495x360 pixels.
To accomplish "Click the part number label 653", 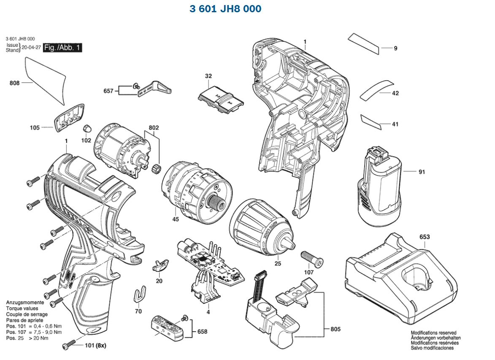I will pos(425,237).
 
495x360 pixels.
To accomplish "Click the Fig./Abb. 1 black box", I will pos(63,48).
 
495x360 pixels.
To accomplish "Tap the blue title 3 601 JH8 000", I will pos(225,9).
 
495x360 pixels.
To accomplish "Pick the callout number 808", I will pos(15,83).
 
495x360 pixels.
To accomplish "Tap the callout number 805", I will pos(336,329).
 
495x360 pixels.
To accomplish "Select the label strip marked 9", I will pos(363,43).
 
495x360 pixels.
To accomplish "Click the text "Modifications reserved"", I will pos(433,333).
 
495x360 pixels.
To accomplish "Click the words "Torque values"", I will pos(21,309).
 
